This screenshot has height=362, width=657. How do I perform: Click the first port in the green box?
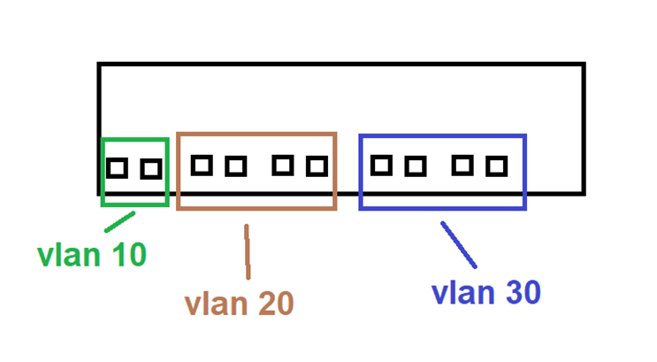[x=117, y=167]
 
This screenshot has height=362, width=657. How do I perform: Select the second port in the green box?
[x=151, y=168]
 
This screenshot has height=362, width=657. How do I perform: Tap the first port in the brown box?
[x=202, y=165]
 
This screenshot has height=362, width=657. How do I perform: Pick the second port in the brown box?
[x=235, y=166]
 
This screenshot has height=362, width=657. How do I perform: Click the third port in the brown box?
[x=283, y=165]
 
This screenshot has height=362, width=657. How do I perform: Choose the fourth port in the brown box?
[x=317, y=166]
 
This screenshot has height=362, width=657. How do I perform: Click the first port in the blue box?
[x=381, y=165]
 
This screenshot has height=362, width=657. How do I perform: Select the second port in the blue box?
[x=416, y=166]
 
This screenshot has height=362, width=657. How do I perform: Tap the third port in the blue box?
[x=462, y=165]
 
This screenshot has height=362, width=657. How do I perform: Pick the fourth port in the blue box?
[x=496, y=166]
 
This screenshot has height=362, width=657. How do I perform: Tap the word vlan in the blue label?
[x=460, y=292]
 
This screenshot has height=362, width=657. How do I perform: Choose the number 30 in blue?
[x=519, y=292]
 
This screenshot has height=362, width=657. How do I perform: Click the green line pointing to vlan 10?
[x=120, y=221]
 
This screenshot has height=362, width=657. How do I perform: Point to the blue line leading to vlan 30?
[x=459, y=245]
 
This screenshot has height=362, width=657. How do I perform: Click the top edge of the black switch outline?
[x=340, y=65]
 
